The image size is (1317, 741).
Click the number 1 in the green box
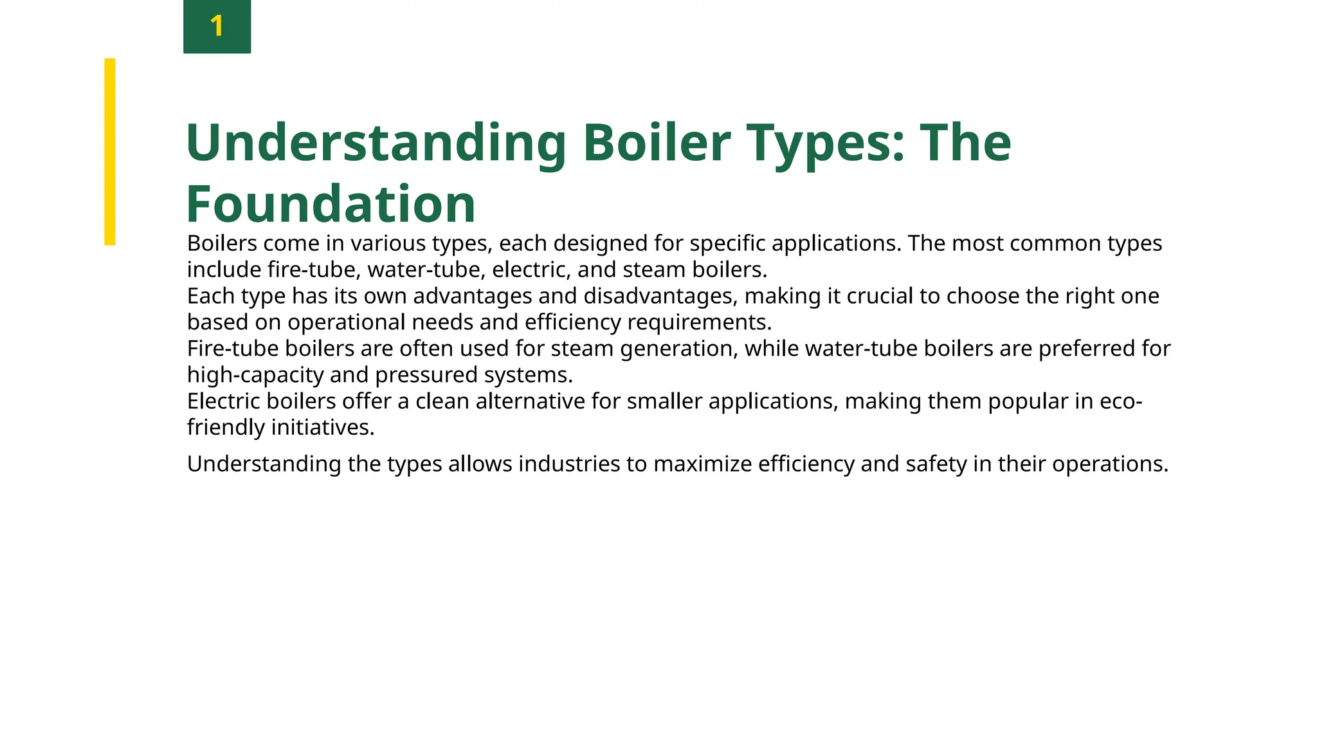point(217,26)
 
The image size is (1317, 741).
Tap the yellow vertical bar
point(110,152)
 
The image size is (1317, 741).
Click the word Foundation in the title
point(331,204)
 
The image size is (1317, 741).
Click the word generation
point(678,349)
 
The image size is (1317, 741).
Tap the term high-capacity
point(255,375)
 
